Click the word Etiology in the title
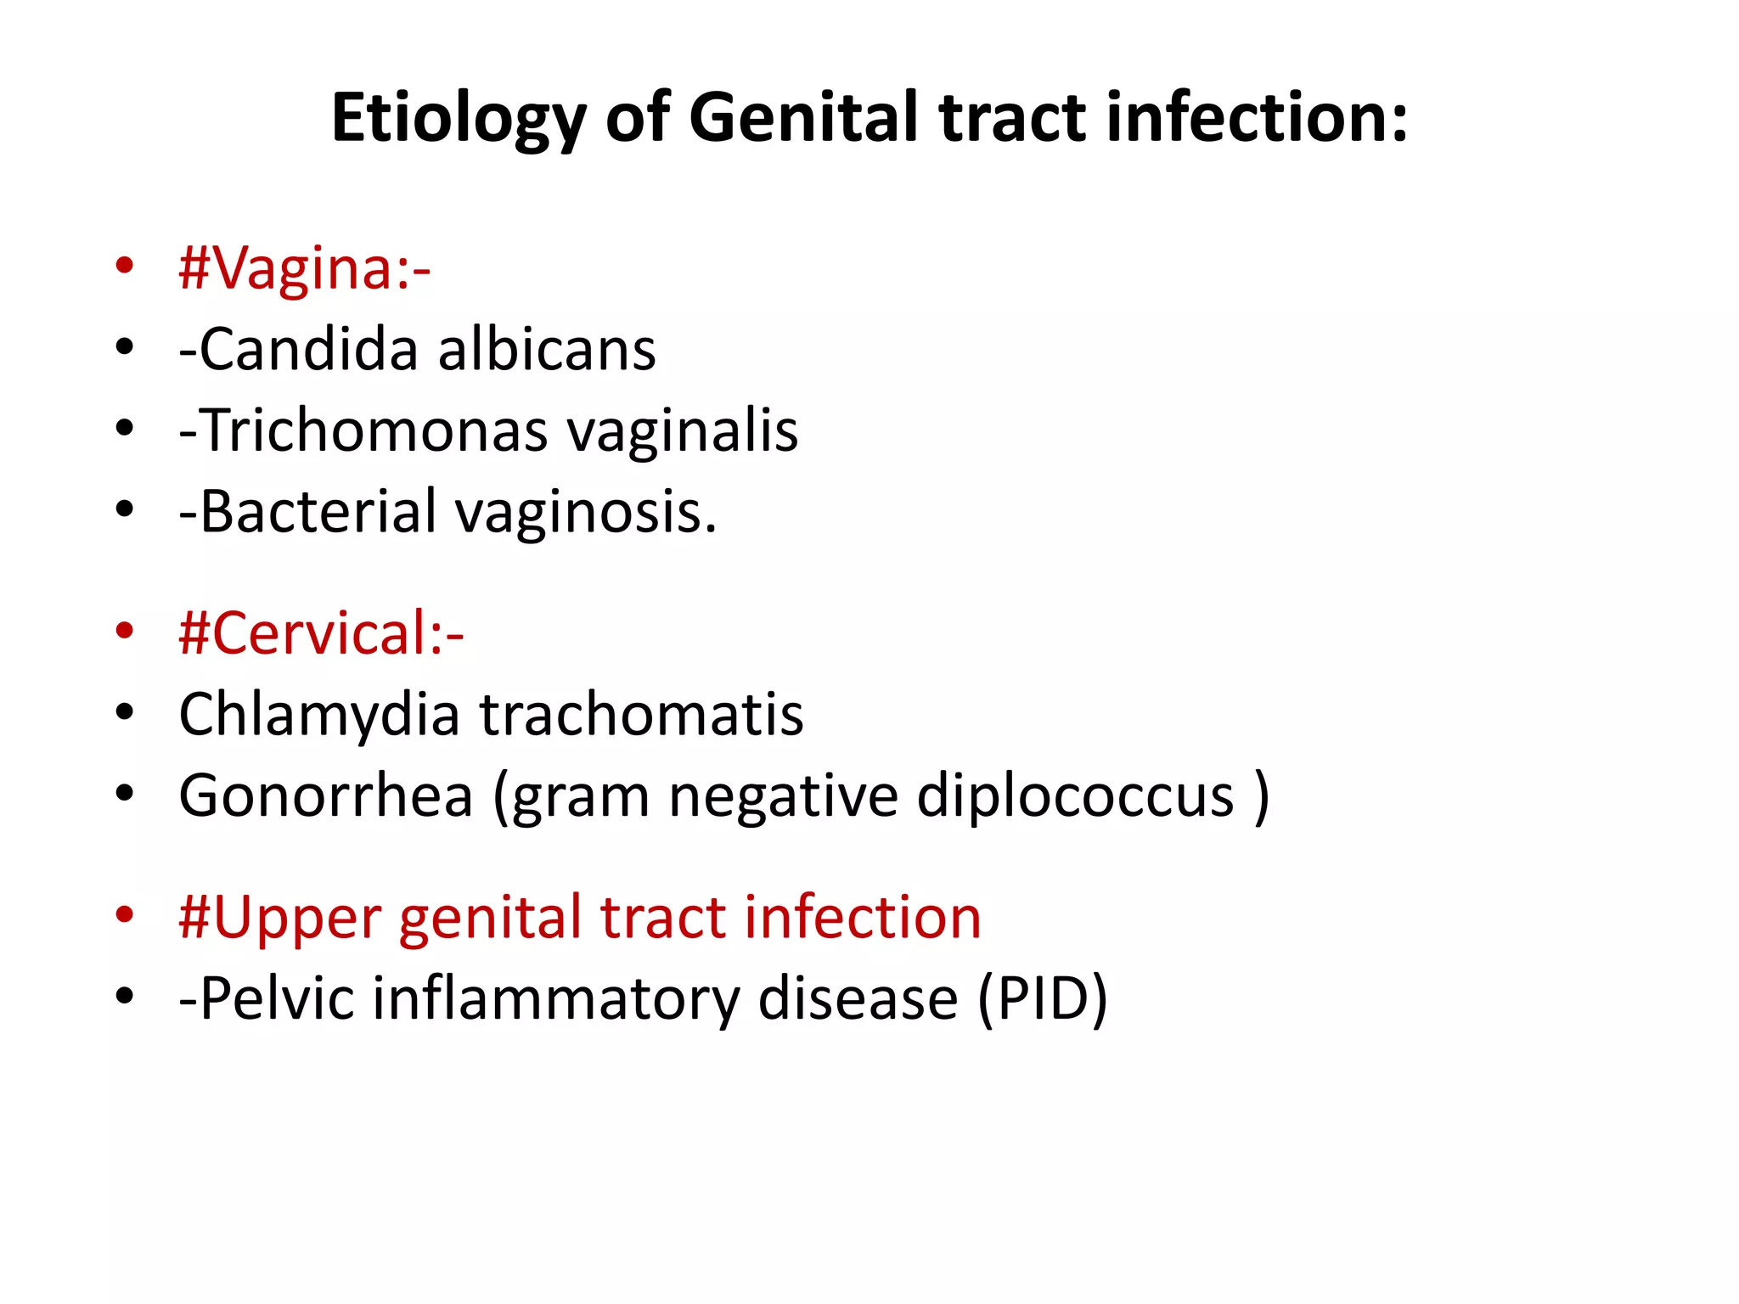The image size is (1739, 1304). (x=458, y=119)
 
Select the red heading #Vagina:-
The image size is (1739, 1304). (x=305, y=268)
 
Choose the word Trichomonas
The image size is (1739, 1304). (x=373, y=430)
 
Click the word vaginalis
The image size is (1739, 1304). (x=683, y=431)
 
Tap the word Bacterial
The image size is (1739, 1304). (x=318, y=511)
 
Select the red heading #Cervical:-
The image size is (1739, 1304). (x=321, y=633)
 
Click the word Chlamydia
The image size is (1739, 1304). (x=319, y=715)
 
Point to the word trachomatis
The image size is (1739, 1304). (x=642, y=714)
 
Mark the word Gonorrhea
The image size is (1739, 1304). (x=325, y=795)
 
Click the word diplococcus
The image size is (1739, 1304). (x=1075, y=797)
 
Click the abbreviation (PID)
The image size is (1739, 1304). (x=1043, y=998)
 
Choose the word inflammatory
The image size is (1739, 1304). (x=556, y=998)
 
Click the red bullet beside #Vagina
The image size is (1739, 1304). (x=125, y=265)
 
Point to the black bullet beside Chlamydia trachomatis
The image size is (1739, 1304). (x=125, y=711)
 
